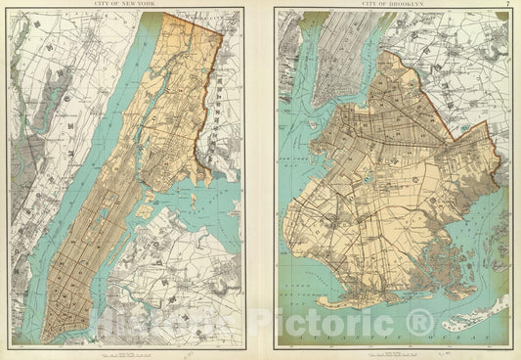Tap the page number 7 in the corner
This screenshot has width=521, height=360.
(507, 5)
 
